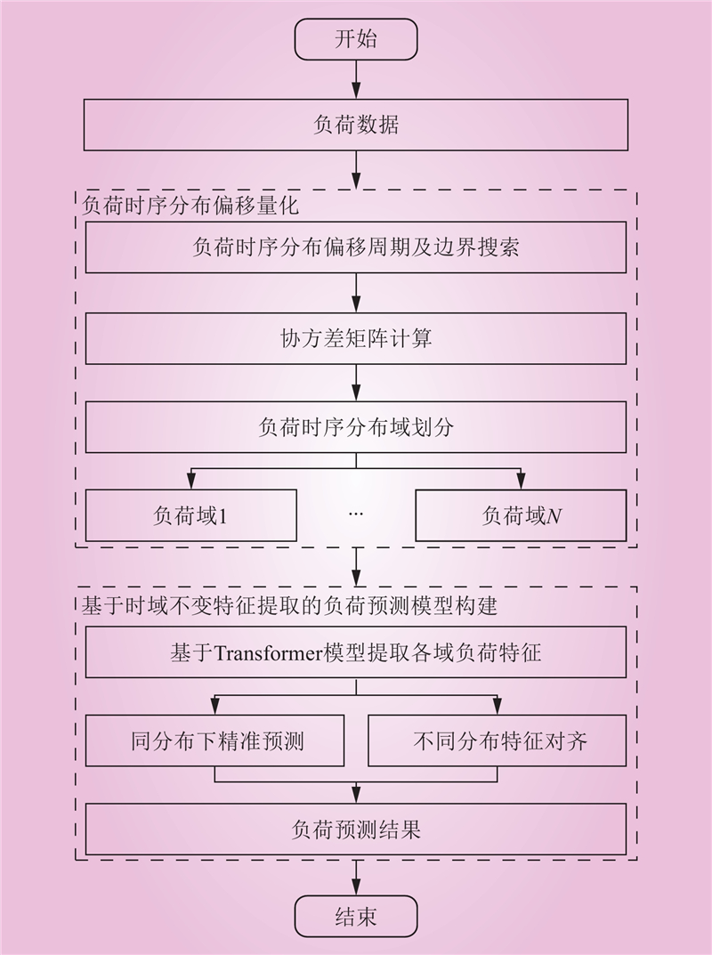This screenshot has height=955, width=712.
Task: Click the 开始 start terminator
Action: coord(356,40)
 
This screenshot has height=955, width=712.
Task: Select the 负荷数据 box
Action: coord(356,125)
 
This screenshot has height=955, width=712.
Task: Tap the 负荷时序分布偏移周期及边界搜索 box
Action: coord(356,247)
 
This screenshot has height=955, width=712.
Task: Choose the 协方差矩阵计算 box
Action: coord(356,339)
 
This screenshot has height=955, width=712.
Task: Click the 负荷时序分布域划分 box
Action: coord(356,427)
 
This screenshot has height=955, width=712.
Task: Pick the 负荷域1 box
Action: coord(190,515)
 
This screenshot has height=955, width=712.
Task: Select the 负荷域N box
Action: coord(521,515)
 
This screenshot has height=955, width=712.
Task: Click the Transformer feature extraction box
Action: coord(356,654)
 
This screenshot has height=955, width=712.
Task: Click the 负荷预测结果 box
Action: coord(356,830)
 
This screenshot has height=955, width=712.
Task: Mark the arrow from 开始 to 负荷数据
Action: coord(356,80)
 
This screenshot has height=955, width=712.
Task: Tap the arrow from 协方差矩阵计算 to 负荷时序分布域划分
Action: coord(356,384)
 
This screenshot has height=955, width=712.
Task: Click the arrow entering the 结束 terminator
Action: coord(356,877)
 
